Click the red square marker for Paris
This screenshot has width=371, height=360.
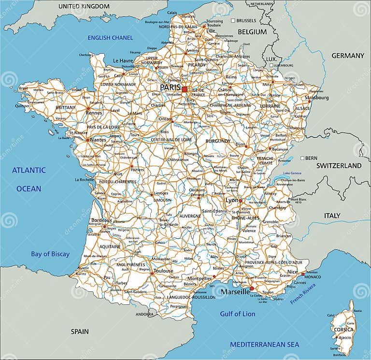point(185,89)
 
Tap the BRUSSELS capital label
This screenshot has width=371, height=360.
point(246,21)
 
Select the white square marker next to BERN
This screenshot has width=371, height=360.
point(302,158)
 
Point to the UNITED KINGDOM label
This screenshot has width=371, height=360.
point(84,6)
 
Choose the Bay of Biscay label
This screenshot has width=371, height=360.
point(50,254)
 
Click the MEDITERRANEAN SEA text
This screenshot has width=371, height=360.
point(264,345)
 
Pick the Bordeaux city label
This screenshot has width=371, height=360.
point(101,220)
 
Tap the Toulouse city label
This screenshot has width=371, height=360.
point(163,271)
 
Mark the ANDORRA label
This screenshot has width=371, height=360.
point(144,314)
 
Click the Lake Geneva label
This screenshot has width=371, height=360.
point(293,173)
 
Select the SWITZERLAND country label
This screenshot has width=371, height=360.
point(339,165)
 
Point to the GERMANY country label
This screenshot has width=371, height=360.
point(347,56)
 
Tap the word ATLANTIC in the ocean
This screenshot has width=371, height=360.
point(29,170)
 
